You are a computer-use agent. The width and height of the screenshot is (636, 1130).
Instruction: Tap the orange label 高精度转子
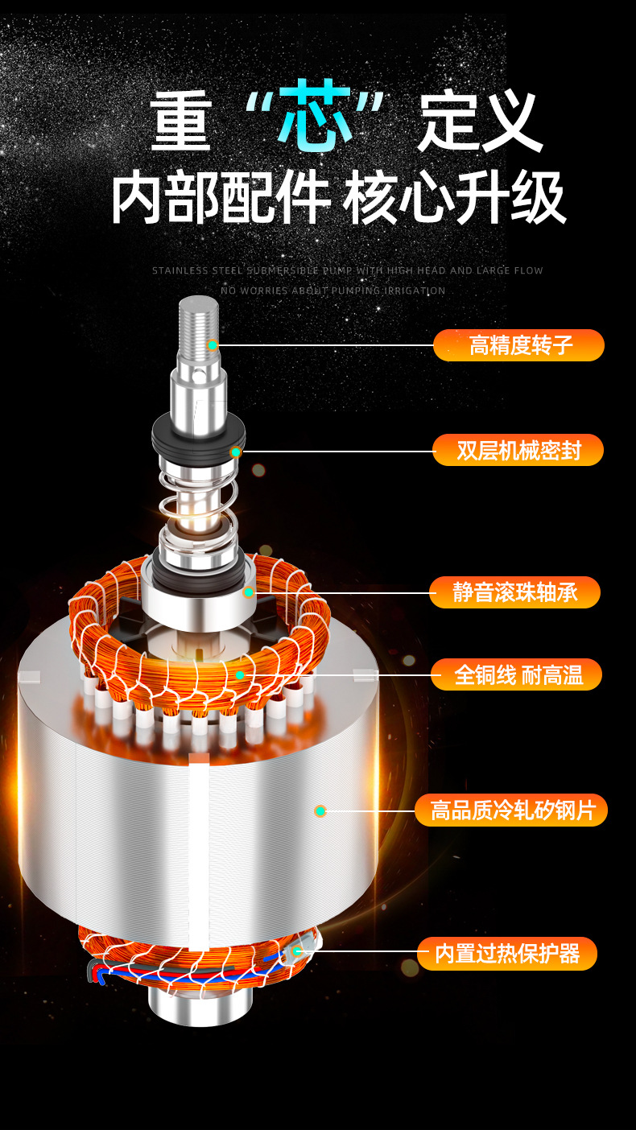[519, 345]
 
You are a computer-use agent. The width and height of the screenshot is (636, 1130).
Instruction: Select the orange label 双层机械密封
[518, 449]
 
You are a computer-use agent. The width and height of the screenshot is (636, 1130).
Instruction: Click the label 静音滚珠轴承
[515, 592]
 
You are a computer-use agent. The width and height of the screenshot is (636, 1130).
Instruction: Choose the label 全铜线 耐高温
[516, 674]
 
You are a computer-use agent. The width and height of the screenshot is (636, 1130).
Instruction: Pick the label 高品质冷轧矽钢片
[511, 810]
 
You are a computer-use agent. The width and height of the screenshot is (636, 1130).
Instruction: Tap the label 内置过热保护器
[507, 954]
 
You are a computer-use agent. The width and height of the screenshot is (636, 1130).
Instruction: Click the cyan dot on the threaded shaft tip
[213, 345]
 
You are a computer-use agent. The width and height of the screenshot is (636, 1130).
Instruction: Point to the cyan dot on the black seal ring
[236, 452]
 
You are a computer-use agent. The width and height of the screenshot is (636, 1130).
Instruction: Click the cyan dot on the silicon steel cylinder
[320, 810]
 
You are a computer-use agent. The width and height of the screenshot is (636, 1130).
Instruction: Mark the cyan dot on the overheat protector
[297, 951]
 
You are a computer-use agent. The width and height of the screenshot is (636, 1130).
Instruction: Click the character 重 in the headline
[180, 120]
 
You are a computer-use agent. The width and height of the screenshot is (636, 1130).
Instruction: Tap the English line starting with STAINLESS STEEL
[347, 270]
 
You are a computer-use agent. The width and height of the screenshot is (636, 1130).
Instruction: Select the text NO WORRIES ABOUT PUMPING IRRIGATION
[333, 291]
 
